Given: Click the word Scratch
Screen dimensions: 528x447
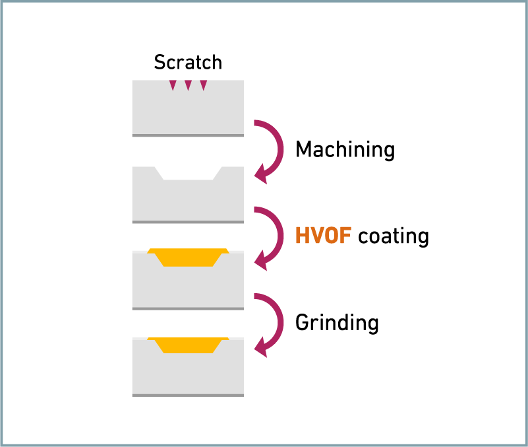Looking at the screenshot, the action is (x=188, y=62).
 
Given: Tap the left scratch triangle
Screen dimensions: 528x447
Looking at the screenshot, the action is (x=173, y=85).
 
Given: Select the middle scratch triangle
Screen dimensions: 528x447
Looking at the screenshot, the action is (x=189, y=85).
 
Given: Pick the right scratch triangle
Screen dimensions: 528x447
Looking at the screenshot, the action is (x=204, y=85).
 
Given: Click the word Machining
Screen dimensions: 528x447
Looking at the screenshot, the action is (x=345, y=149).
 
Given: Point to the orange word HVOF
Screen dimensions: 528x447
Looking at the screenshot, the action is (x=323, y=235).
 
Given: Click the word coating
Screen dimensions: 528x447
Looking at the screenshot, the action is (x=394, y=236).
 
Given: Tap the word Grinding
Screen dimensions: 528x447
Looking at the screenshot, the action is (x=337, y=323).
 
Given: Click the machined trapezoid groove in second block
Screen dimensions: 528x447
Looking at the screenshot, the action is (x=189, y=173).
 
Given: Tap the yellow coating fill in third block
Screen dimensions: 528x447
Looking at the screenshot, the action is (x=189, y=257).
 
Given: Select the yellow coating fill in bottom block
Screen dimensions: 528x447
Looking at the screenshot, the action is (x=189, y=345).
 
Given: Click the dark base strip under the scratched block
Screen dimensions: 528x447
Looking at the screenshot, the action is (x=188, y=135).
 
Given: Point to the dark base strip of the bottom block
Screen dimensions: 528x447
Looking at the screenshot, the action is (x=188, y=395).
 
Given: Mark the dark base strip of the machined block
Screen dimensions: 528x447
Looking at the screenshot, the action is (x=188, y=222).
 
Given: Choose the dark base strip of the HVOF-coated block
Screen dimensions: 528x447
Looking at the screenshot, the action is (x=188, y=309).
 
